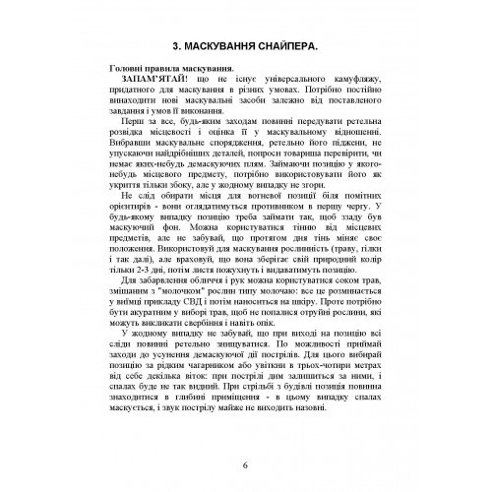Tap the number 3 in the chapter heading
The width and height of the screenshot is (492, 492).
(174, 44)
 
